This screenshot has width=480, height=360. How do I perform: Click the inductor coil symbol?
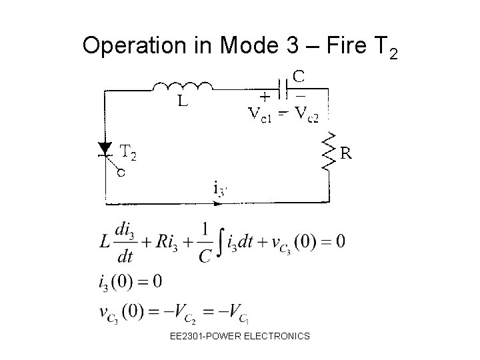tap(183, 86)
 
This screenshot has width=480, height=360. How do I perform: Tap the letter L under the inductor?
tap(181, 103)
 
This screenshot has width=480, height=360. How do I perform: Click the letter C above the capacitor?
tap(299, 77)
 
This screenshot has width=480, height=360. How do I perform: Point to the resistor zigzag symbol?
tap(328, 153)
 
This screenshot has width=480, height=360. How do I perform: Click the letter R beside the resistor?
tap(347, 153)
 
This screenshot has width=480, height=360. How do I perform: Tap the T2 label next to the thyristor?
tap(128, 155)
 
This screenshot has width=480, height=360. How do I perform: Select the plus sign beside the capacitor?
tap(265, 96)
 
